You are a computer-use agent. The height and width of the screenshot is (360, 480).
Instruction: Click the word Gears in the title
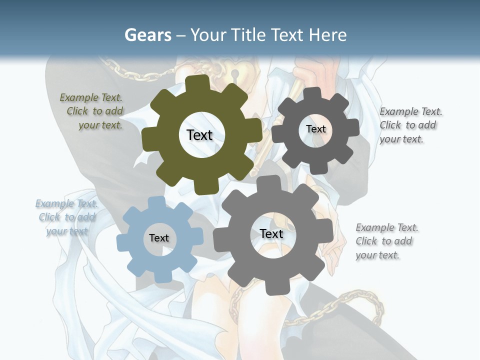coord(148,35)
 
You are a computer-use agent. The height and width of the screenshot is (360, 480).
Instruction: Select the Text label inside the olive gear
coord(199,135)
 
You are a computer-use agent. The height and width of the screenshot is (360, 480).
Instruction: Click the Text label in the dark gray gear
coord(315,129)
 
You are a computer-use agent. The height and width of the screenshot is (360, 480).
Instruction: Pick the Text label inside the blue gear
coord(159,238)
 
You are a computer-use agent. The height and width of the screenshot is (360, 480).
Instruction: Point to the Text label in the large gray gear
coord(271,233)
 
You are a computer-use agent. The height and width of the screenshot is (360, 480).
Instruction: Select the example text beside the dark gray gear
coord(410,125)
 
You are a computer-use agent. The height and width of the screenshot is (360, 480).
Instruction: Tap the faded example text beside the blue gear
coord(67,217)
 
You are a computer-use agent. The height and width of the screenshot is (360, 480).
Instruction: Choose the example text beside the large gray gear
coord(386,241)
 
